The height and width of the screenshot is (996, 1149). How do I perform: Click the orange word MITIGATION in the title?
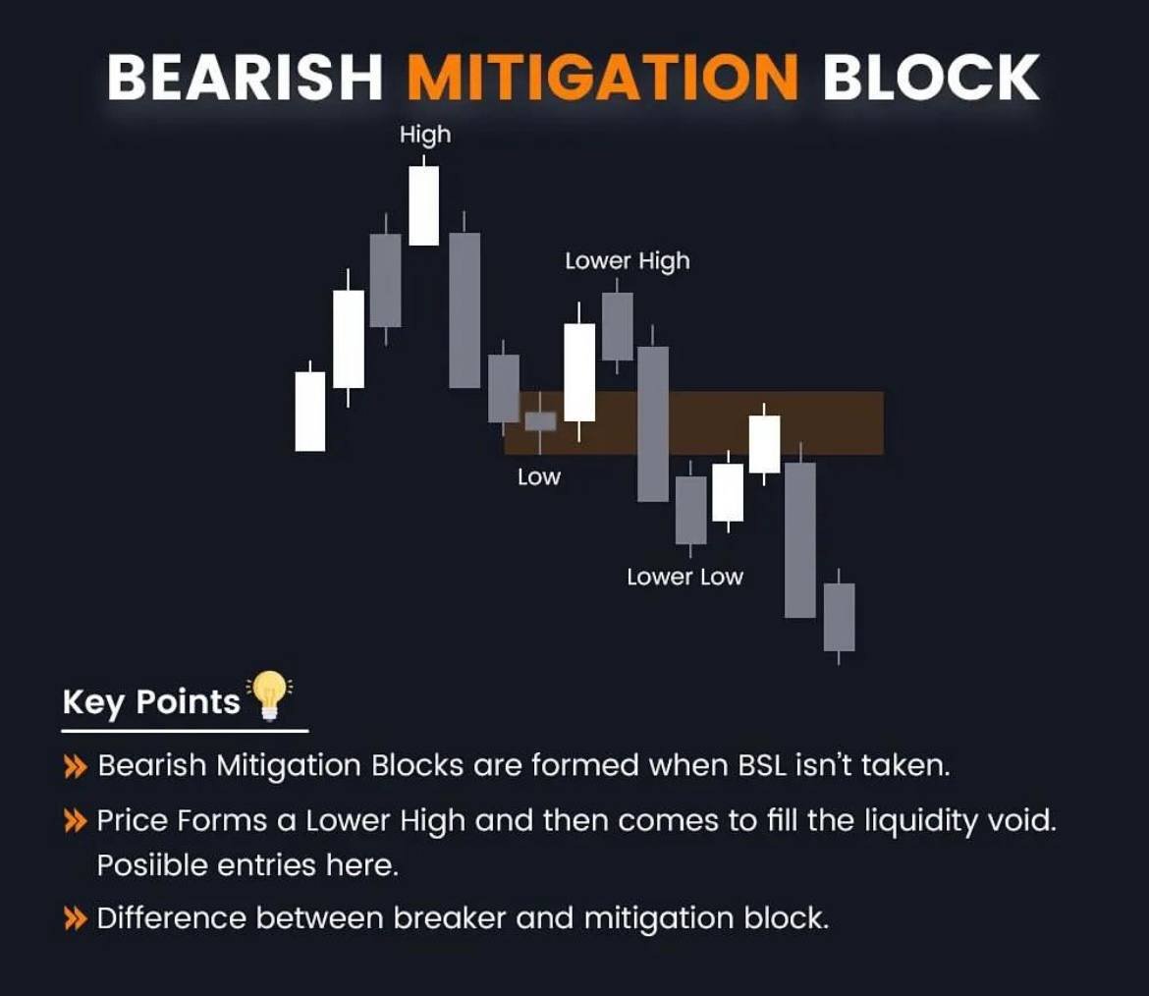point(601,77)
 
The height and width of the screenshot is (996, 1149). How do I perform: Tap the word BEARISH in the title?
point(244,77)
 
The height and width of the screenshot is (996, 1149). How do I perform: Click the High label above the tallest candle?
point(425,135)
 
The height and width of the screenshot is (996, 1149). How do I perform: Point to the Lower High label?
point(627,261)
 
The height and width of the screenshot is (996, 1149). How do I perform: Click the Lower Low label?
point(684,577)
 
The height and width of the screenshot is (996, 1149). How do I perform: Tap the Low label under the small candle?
point(538,477)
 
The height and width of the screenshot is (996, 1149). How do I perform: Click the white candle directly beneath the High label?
point(424,205)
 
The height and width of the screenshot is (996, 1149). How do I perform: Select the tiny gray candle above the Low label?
point(540,421)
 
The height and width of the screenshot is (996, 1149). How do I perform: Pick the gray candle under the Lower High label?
point(617,326)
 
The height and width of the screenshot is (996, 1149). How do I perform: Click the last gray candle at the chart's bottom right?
point(839,617)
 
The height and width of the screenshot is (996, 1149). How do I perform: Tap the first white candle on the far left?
point(310,411)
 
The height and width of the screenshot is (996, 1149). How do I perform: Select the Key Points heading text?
point(151,701)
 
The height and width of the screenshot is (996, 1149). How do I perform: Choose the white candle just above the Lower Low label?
point(728,492)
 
